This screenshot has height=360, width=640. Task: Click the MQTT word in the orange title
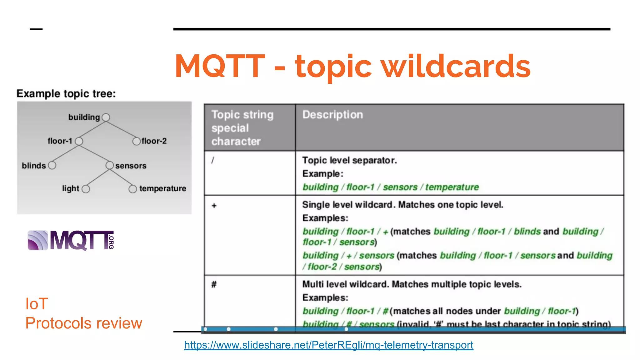pyautogui.click(x=220, y=66)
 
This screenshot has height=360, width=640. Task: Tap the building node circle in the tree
pyautogui.click(x=106, y=117)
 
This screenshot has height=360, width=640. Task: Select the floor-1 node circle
pyautogui.click(x=79, y=141)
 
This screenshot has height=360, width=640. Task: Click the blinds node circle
pyautogui.click(x=52, y=165)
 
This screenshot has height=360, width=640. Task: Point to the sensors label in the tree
pyautogui.click(x=131, y=166)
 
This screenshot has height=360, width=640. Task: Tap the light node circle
pyautogui.click(x=86, y=189)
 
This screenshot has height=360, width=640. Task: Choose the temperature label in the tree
pyautogui.click(x=162, y=188)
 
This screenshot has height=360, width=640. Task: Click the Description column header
pyautogui.click(x=332, y=115)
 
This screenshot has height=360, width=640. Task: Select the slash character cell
pyautogui.click(x=213, y=160)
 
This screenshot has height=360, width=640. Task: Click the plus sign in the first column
pyautogui.click(x=214, y=206)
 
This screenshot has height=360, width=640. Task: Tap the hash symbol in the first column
pyautogui.click(x=214, y=284)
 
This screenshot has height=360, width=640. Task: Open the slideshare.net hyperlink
pyautogui.click(x=328, y=345)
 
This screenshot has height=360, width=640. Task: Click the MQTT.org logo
pyautogui.click(x=71, y=240)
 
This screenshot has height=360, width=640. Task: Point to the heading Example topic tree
pyautogui.click(x=66, y=94)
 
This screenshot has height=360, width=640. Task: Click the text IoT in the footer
pyautogui.click(x=37, y=304)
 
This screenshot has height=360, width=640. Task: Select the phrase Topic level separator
pyautogui.click(x=349, y=160)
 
